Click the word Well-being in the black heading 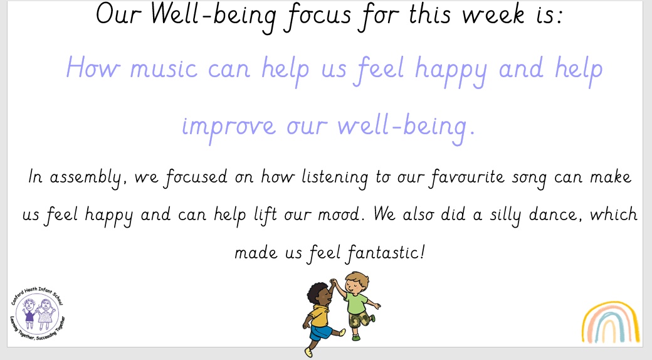[214, 16]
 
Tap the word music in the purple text [164, 69]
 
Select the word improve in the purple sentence [229, 127]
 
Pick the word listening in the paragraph [335, 178]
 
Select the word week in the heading [493, 16]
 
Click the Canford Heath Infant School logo [38, 313]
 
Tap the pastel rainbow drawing [610, 322]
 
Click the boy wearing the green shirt [355, 304]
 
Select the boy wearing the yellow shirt [321, 315]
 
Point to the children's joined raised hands [333, 282]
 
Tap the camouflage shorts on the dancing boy [359, 319]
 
